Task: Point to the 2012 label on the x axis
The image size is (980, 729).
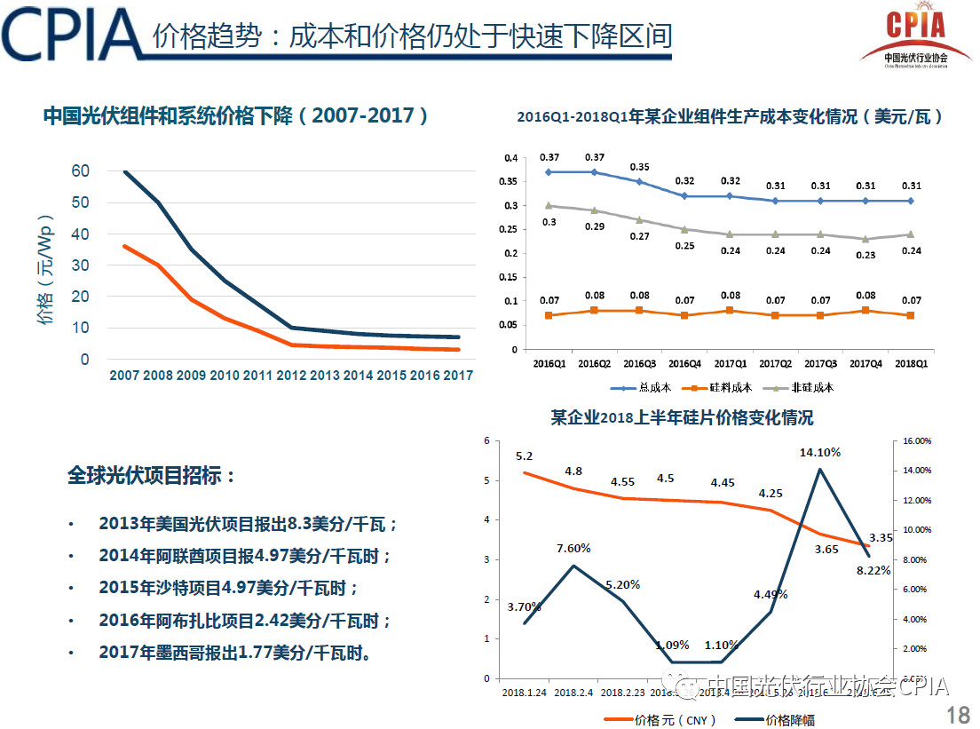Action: click(291, 376)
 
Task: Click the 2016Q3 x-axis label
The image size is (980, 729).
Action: click(639, 364)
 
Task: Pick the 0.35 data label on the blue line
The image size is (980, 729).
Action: click(639, 167)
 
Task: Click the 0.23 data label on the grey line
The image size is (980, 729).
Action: click(865, 256)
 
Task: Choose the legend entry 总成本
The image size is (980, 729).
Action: click(643, 388)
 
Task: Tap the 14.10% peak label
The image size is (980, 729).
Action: click(820, 452)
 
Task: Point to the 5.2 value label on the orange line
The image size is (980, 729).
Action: click(524, 456)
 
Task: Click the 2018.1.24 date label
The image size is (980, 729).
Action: click(524, 692)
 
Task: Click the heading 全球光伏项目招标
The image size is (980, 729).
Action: click(152, 476)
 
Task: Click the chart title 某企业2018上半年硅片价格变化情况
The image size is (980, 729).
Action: click(682, 417)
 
